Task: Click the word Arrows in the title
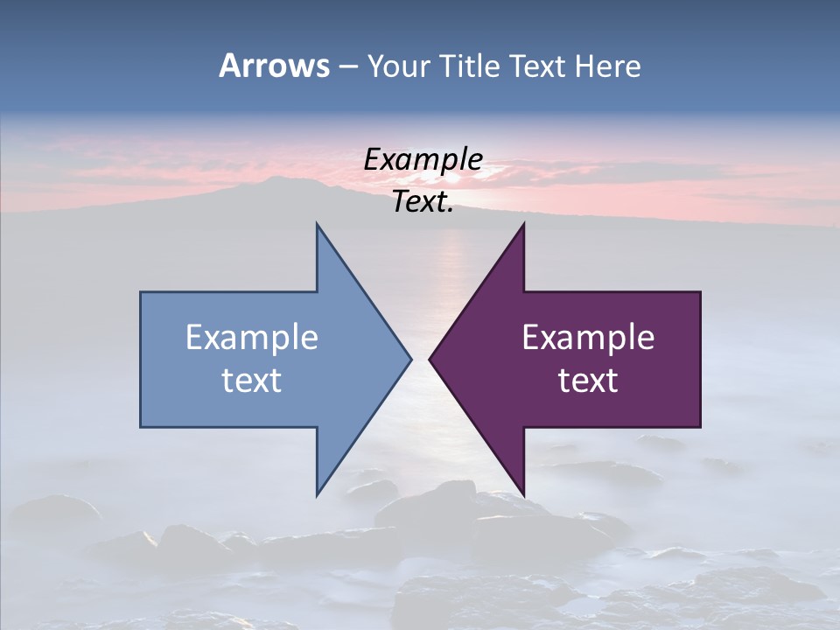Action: (x=274, y=66)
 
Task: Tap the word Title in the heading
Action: (x=470, y=66)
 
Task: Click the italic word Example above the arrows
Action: (x=423, y=159)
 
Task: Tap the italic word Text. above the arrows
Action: (x=423, y=202)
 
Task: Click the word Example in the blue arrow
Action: (x=252, y=337)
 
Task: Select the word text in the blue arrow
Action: (x=252, y=380)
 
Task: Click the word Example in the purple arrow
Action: (x=588, y=337)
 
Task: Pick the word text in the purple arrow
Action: (x=588, y=380)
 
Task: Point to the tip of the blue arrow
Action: (x=410, y=359)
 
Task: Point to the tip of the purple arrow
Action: (x=430, y=359)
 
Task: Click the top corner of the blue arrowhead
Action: (x=317, y=224)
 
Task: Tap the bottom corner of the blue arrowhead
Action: (x=317, y=494)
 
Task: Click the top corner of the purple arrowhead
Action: (x=523, y=224)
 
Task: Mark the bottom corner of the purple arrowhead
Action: (x=523, y=494)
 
